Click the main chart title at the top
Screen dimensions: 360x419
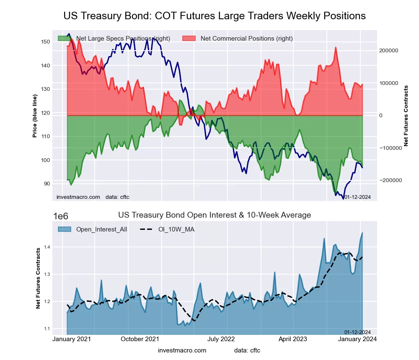coord(215,16)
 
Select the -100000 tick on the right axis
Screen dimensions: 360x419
coord(389,148)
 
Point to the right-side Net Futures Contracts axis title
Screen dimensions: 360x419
coord(406,116)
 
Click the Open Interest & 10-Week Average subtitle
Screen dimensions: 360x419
coord(215,215)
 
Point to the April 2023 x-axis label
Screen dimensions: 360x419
coord(293,339)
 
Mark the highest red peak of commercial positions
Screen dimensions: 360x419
coord(336,47)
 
